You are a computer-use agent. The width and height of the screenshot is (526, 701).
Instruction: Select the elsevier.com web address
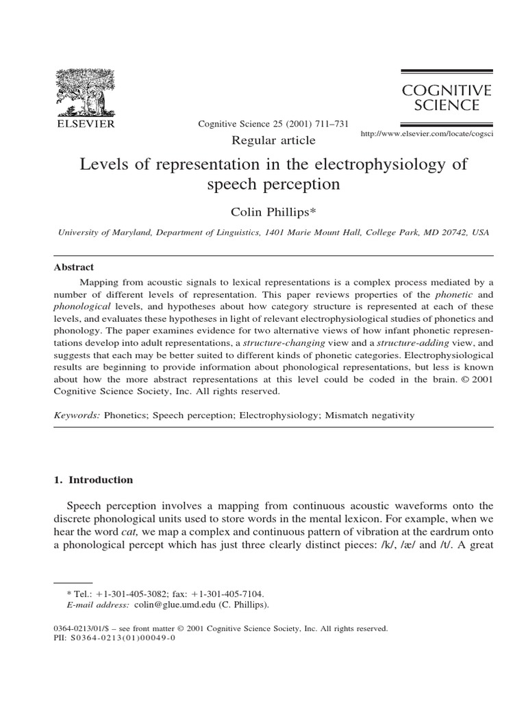coord(427,135)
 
